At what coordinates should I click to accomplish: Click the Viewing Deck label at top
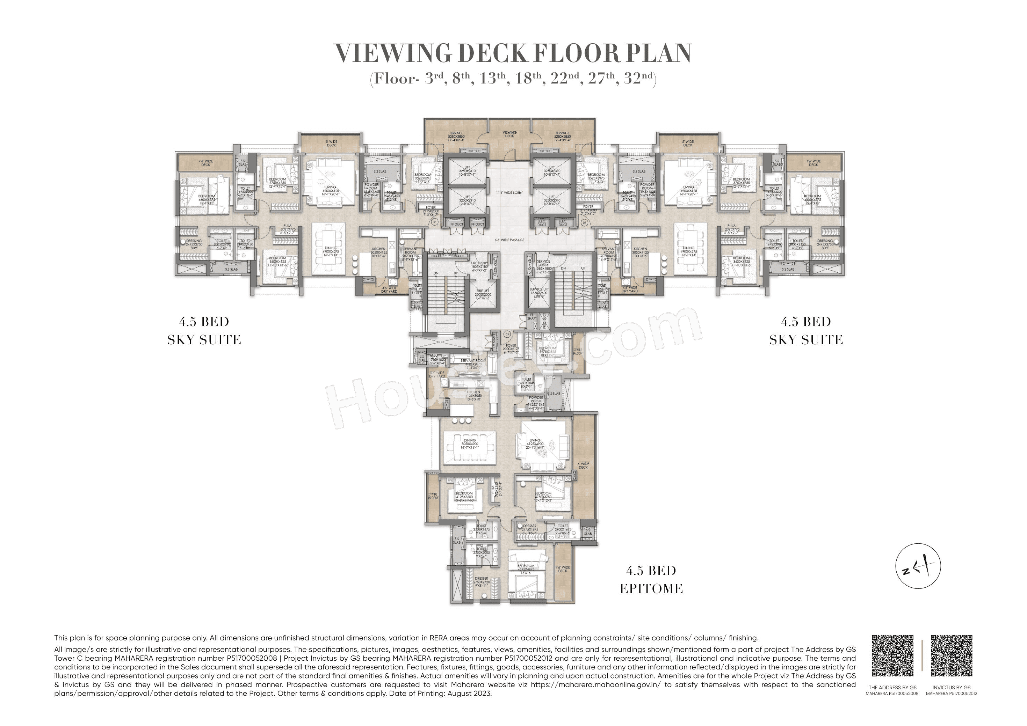point(509,134)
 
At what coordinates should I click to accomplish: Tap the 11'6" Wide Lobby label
point(509,193)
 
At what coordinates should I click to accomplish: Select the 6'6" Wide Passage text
point(509,240)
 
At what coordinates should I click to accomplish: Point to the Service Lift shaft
point(538,293)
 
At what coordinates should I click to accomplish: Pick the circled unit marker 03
point(507,334)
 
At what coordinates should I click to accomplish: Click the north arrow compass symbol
point(918,566)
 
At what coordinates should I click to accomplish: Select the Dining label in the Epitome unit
point(469,442)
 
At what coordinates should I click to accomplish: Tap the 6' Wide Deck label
point(583,466)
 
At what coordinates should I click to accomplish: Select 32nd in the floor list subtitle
point(639,79)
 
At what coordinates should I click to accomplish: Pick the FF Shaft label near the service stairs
point(531,316)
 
